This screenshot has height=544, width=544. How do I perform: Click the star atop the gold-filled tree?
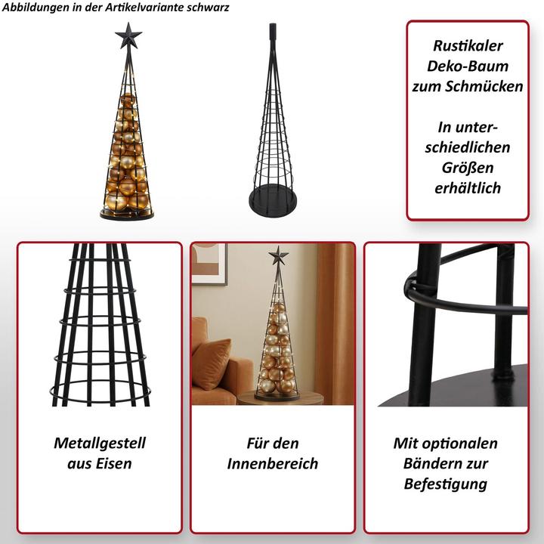(128, 36)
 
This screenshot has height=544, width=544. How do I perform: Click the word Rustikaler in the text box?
(468, 46)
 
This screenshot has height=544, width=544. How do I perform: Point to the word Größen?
(468, 168)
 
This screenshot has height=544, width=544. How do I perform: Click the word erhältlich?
(468, 188)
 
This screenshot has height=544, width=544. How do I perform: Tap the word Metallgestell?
(100, 444)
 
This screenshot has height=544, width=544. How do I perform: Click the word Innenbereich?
(273, 464)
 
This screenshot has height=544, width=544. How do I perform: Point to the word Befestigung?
(446, 484)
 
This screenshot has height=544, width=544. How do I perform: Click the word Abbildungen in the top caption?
(36, 8)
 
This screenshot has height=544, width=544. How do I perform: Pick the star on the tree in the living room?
(278, 255)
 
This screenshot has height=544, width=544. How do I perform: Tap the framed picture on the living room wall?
(209, 264)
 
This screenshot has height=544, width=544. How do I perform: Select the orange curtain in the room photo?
(335, 323)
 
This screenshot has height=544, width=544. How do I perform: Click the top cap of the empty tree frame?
(273, 30)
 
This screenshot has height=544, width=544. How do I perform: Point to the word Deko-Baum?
(468, 66)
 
